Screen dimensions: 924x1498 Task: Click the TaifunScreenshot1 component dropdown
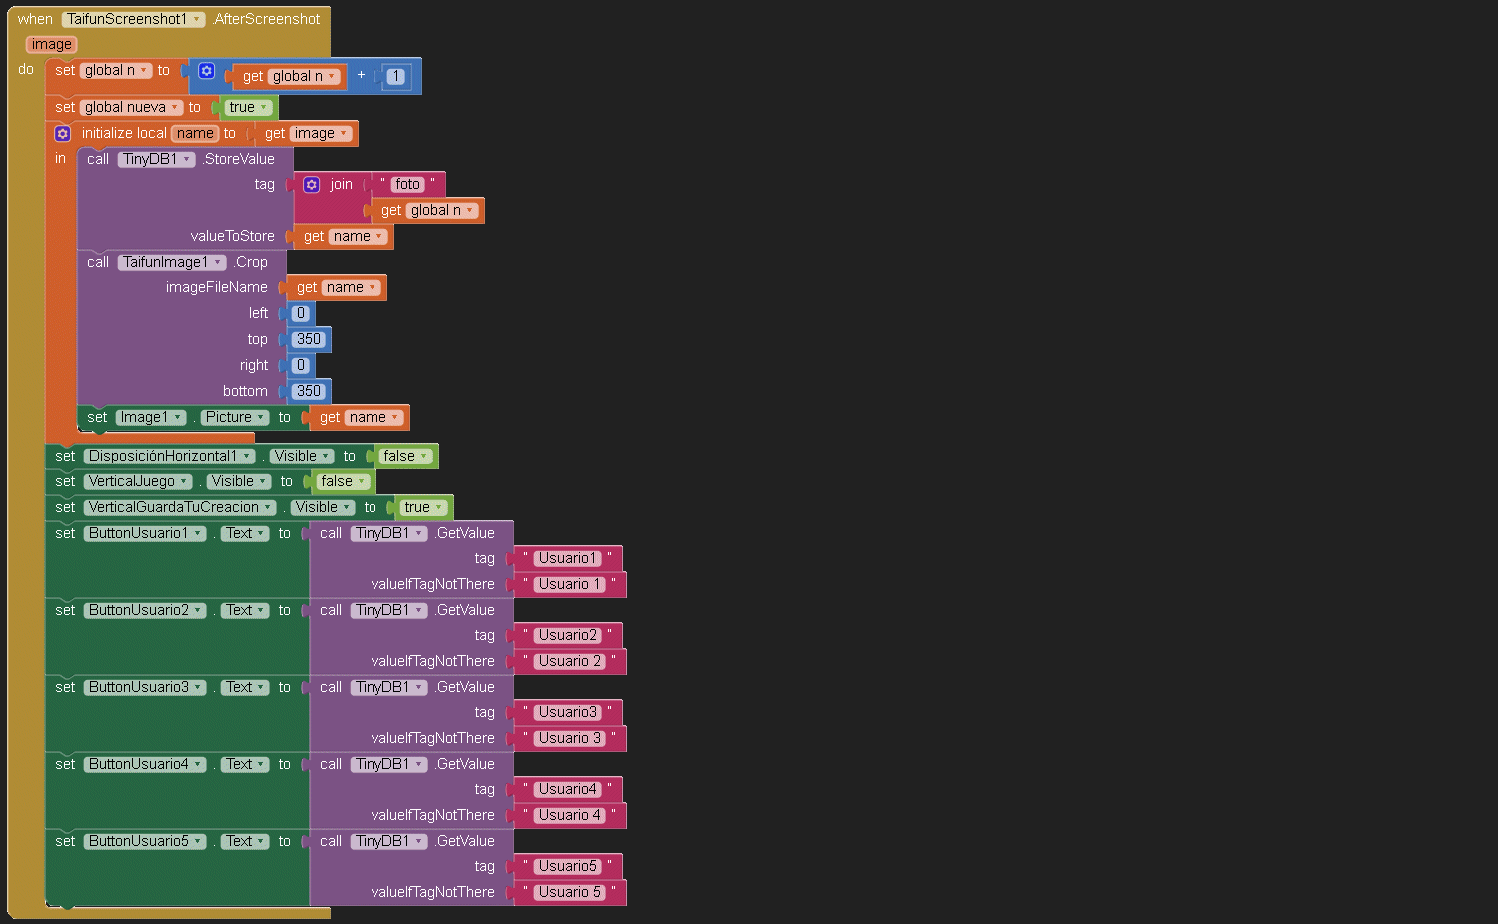tap(133, 19)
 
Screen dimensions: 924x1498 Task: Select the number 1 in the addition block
tap(396, 76)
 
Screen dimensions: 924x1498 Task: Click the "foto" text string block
tap(407, 184)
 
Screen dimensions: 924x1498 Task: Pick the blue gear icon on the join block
tap(312, 184)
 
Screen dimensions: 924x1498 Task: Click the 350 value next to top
tap(309, 339)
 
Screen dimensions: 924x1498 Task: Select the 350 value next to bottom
tap(309, 391)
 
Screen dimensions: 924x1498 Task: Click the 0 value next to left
tap(301, 313)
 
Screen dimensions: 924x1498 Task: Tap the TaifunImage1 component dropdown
tap(172, 262)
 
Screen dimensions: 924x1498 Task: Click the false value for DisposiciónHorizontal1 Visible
tap(405, 456)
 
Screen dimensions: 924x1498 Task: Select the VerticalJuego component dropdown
tap(138, 481)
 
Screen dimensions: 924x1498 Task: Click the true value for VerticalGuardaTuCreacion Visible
tap(423, 507)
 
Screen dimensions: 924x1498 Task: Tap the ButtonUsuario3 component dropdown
tap(145, 687)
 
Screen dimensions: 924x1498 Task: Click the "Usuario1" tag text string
tap(567, 558)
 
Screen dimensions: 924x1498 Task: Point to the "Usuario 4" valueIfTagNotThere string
tap(570, 815)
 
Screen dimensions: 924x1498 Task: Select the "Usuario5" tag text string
tap(567, 866)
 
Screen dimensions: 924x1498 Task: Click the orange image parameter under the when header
tap(51, 44)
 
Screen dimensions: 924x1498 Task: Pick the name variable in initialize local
tap(195, 133)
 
